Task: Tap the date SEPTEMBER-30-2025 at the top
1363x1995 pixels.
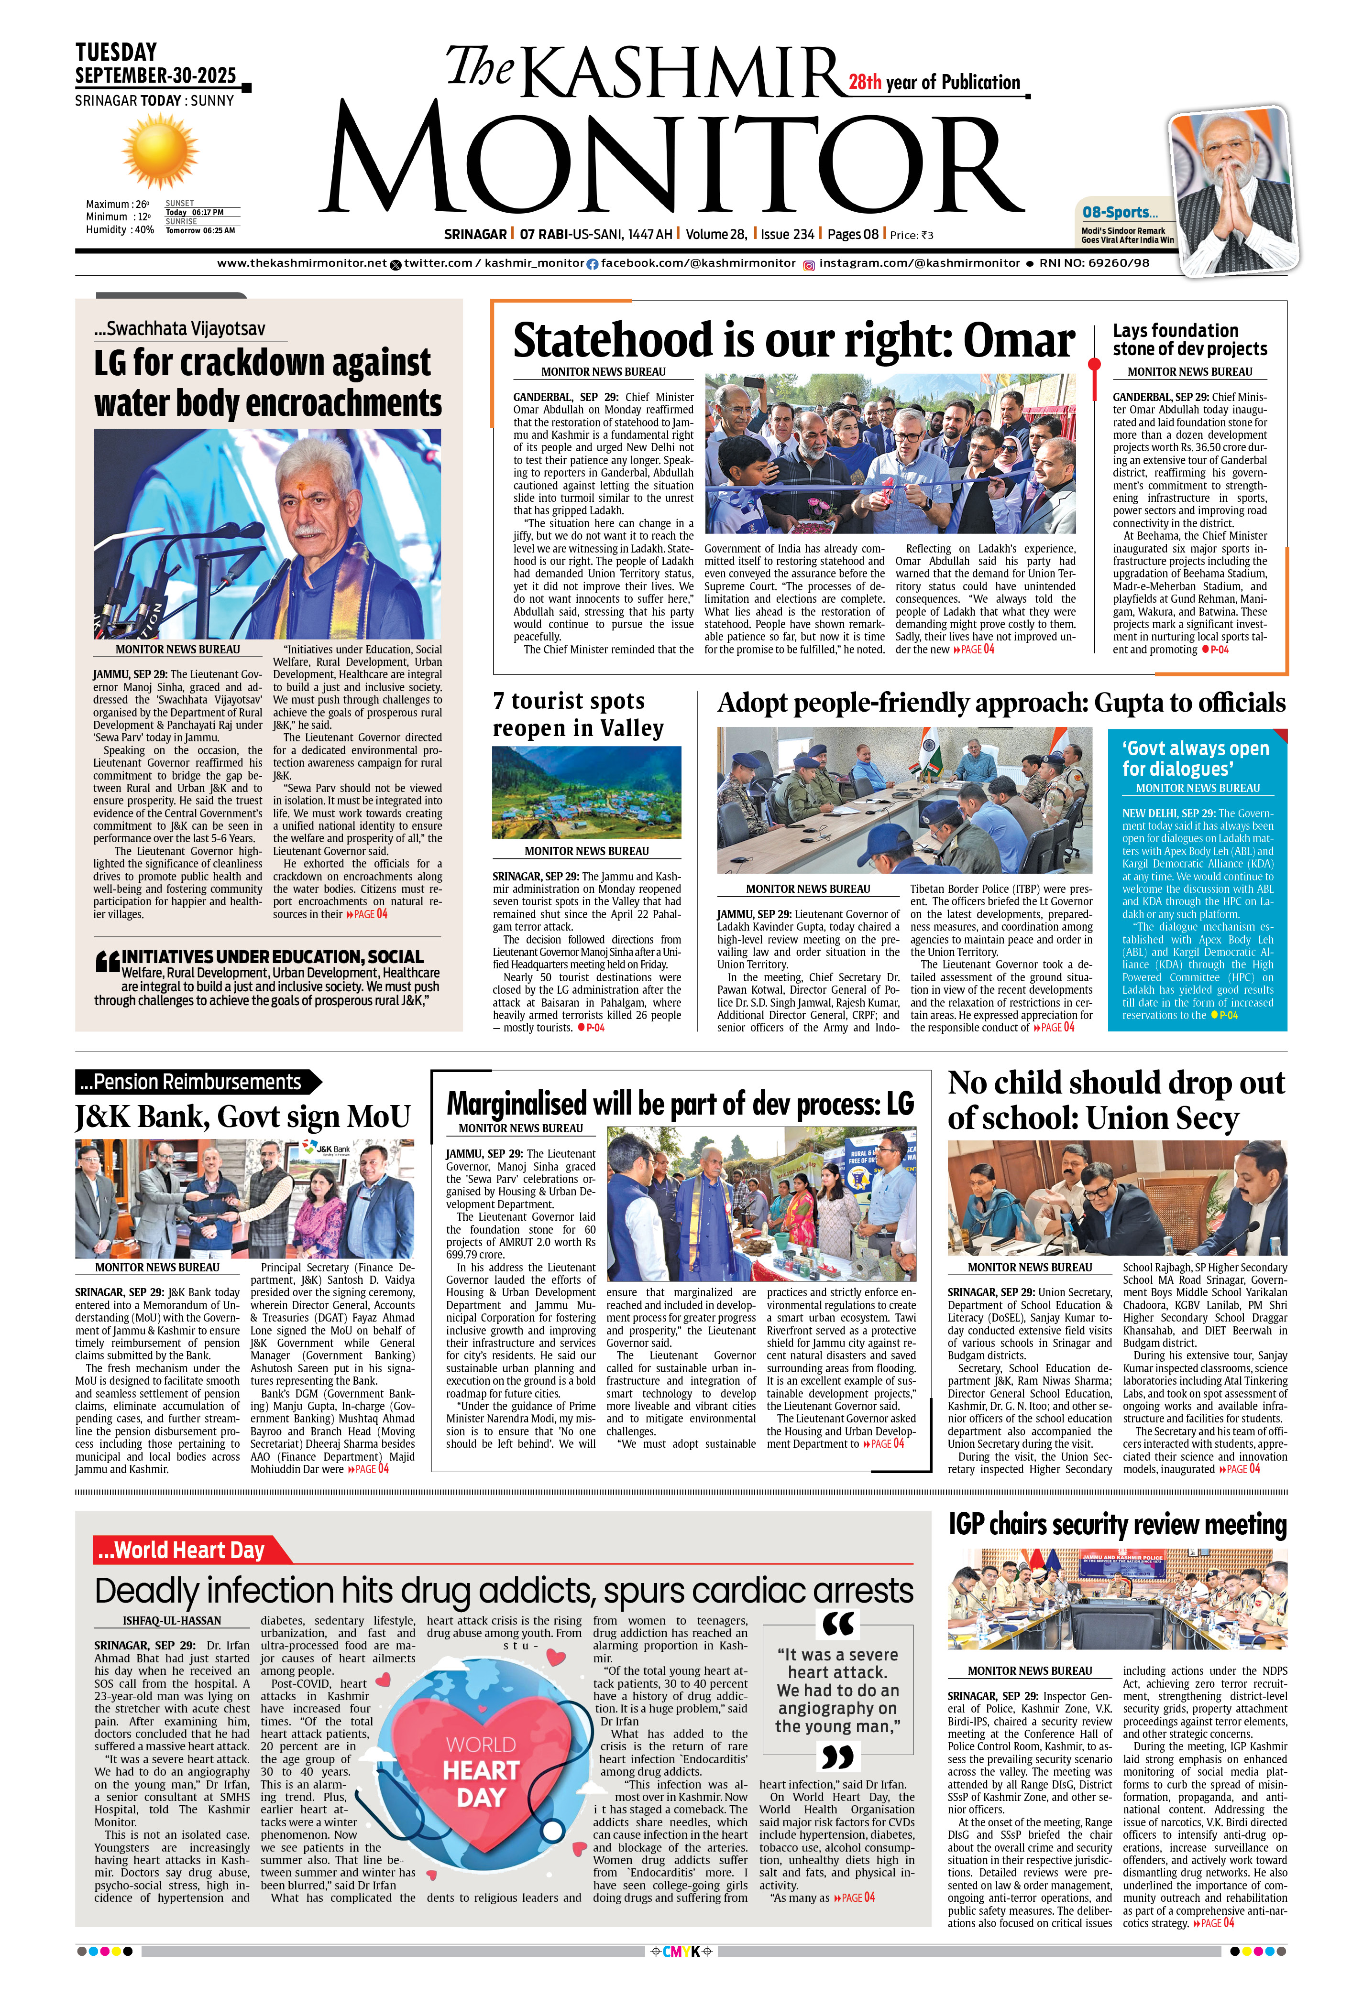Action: [x=155, y=76]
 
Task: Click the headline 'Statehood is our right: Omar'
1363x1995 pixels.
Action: [x=793, y=341]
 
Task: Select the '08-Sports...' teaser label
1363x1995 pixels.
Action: [x=1119, y=212]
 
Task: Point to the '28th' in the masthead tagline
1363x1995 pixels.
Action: [x=865, y=82]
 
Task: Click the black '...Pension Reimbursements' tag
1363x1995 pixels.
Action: [x=191, y=1082]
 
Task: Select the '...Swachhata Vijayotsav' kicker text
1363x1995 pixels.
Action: [x=179, y=329]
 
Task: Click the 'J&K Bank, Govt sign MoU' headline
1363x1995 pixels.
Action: [x=242, y=1117]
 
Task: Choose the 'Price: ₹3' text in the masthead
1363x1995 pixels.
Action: [x=911, y=234]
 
